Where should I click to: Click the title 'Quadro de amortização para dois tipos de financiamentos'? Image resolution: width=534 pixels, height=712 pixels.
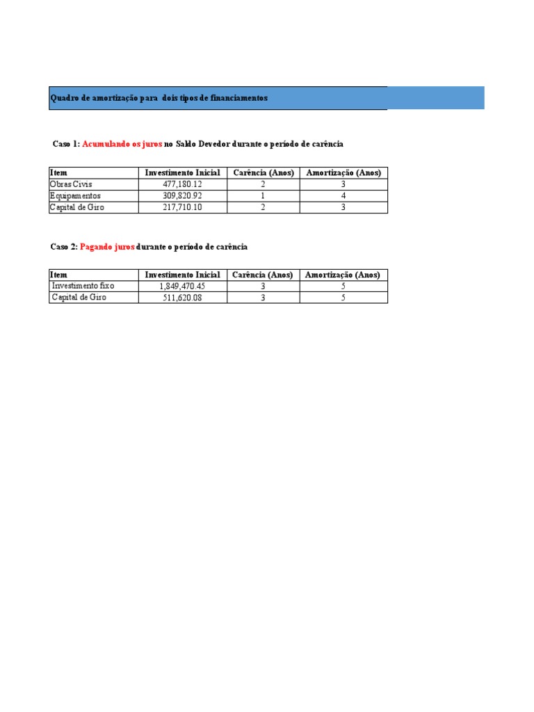(159, 99)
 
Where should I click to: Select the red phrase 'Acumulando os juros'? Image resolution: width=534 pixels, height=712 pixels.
(122, 144)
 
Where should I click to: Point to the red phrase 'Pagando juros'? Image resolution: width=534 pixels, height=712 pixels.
(107, 247)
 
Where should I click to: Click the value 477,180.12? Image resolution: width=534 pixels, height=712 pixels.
(182, 184)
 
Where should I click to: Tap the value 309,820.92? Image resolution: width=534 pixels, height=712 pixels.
(182, 196)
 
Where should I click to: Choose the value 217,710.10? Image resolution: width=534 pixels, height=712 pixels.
(182, 207)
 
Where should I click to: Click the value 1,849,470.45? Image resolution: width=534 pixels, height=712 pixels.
(182, 286)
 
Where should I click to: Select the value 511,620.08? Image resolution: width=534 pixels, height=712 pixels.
(182, 298)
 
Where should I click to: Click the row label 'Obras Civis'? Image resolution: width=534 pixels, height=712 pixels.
(71, 184)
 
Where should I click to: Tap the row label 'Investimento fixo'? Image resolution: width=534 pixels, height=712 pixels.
(83, 286)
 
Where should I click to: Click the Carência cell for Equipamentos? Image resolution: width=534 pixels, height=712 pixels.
(263, 196)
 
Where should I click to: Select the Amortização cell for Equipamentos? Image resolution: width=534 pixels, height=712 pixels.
(343, 196)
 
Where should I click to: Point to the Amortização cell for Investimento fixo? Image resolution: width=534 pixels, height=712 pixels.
(343, 286)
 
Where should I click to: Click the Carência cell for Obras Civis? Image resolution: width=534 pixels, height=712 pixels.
(263, 184)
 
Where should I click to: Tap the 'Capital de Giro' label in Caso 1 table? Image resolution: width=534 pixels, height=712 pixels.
(76, 207)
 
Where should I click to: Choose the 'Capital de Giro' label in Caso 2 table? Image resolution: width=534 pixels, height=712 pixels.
(79, 298)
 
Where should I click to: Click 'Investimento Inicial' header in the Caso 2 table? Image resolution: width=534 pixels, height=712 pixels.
(182, 275)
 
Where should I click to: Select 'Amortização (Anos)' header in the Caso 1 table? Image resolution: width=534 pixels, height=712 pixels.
(343, 172)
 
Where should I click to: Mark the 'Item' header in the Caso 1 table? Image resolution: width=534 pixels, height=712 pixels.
(58, 172)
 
